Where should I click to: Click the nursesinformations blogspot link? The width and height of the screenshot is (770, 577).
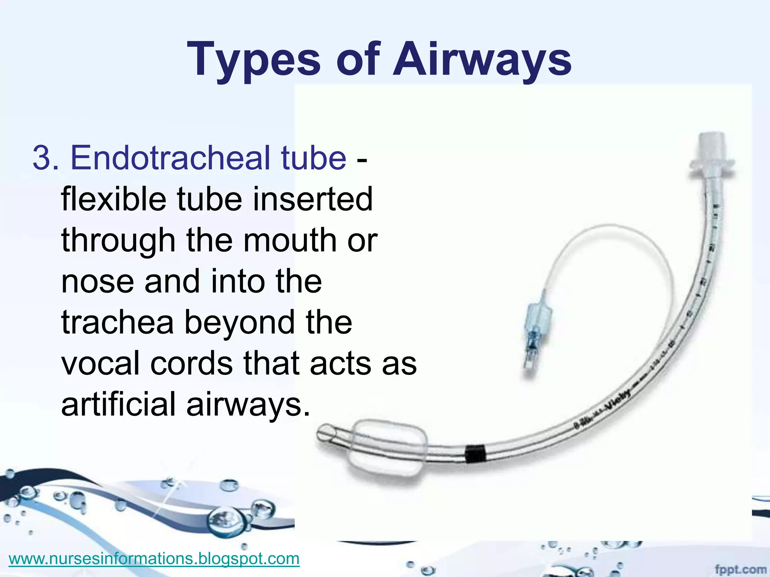tap(154, 559)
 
